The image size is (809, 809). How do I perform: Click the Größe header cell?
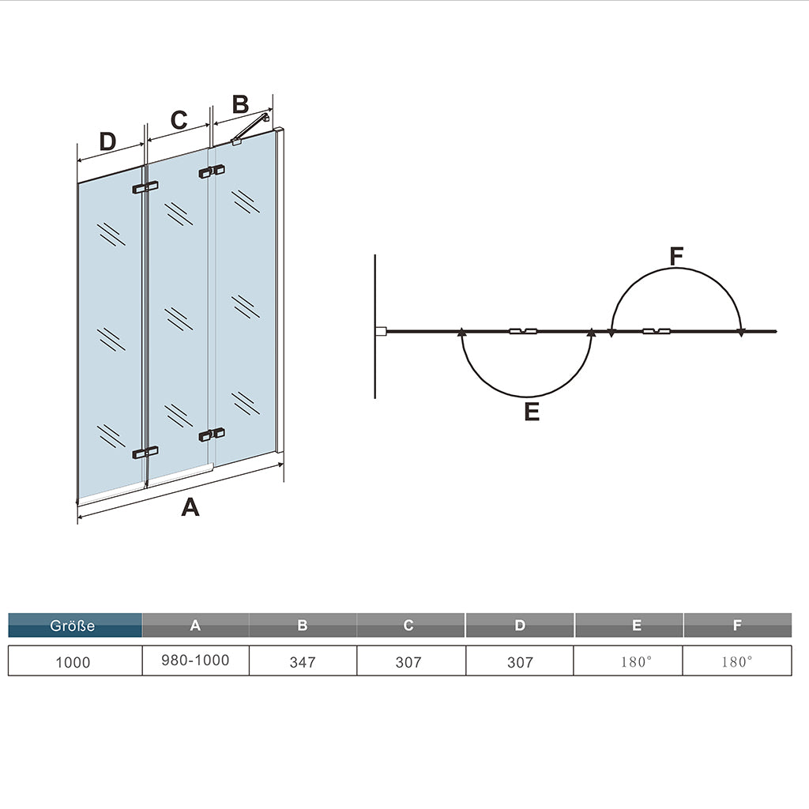pyautogui.click(x=75, y=625)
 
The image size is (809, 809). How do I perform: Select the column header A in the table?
pyautogui.click(x=195, y=625)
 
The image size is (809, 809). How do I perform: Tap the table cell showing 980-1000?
pyautogui.click(x=195, y=660)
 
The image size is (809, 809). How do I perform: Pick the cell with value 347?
pyautogui.click(x=303, y=662)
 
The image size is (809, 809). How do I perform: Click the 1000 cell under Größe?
pyautogui.click(x=73, y=662)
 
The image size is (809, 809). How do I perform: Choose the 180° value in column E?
pyautogui.click(x=636, y=662)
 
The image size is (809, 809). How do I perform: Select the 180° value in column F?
pyautogui.click(x=736, y=662)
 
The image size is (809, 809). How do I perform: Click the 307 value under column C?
pyautogui.click(x=408, y=662)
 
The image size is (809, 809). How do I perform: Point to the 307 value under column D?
pyautogui.click(x=520, y=662)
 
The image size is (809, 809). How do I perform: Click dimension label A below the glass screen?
pyautogui.click(x=190, y=506)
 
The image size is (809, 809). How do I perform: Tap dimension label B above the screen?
pyautogui.click(x=240, y=104)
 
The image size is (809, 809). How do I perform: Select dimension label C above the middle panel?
pyautogui.click(x=179, y=120)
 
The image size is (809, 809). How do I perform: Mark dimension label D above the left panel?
pyautogui.click(x=107, y=141)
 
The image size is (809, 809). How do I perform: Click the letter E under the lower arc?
pyautogui.click(x=532, y=412)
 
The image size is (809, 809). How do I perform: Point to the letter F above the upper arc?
pyautogui.click(x=676, y=257)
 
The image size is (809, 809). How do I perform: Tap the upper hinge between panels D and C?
pyautogui.click(x=145, y=187)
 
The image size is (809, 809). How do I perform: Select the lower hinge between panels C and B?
pyautogui.click(x=212, y=434)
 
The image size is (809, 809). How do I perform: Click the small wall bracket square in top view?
pyautogui.click(x=381, y=331)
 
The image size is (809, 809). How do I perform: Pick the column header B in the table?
pyautogui.click(x=303, y=625)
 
